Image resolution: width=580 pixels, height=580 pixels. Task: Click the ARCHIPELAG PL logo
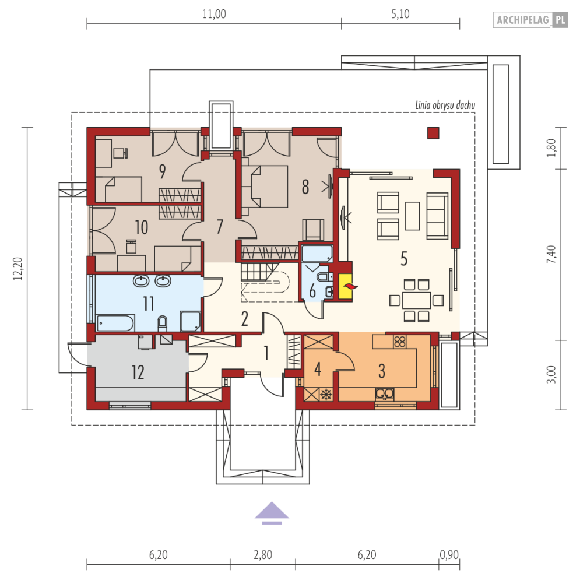click(x=530, y=20)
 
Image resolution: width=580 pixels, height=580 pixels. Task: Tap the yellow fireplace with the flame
click(x=346, y=286)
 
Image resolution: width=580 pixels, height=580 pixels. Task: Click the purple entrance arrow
click(x=272, y=513)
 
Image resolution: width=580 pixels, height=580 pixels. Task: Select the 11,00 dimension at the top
click(x=214, y=14)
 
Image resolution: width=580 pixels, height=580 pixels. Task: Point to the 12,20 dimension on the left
click(x=17, y=268)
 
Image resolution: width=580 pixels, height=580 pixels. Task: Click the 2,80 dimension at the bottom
click(x=263, y=555)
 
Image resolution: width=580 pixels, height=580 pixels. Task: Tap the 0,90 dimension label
click(x=449, y=555)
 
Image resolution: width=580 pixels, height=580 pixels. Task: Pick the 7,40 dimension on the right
click(x=551, y=255)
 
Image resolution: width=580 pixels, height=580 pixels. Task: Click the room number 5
click(x=404, y=259)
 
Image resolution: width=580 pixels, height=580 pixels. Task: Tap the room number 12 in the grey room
click(x=138, y=372)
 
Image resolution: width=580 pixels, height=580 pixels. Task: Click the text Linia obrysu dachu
click(x=445, y=106)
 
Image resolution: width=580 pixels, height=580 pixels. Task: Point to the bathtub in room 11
click(x=115, y=323)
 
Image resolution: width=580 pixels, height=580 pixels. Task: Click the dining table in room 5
click(x=416, y=300)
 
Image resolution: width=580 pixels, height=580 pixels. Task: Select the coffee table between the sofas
click(x=413, y=216)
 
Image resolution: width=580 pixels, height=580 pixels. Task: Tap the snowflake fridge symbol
click(x=326, y=395)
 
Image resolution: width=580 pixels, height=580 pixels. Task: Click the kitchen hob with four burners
click(x=399, y=342)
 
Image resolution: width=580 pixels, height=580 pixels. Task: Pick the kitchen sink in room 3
click(x=384, y=394)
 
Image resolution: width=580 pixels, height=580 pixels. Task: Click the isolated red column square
click(x=433, y=133)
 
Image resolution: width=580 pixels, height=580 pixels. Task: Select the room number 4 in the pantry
click(x=318, y=369)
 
